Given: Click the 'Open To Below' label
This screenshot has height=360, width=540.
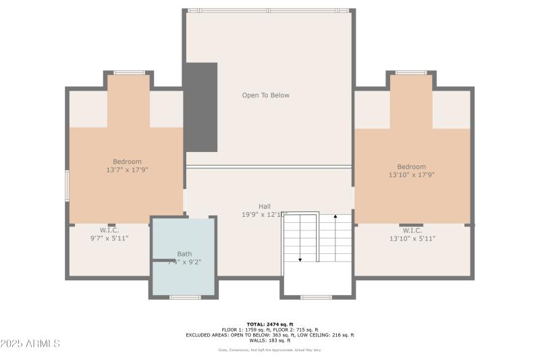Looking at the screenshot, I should pos(265,95).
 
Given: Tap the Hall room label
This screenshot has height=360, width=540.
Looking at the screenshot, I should pos(264,207).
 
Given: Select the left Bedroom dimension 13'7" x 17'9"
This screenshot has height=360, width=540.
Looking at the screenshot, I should pos(127,170).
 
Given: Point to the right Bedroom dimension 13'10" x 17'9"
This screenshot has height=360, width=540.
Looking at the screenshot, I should pos(411,176).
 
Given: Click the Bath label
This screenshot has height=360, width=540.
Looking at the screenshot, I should pos(184,254).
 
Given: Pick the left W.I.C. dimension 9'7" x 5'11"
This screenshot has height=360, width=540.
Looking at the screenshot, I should pos(109,238).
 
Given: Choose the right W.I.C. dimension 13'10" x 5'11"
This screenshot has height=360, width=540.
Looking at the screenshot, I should pos(412,238).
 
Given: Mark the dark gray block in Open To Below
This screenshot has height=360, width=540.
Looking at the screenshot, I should pos(201,107).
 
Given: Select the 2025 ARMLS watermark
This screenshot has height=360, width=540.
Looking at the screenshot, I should pos(30,344).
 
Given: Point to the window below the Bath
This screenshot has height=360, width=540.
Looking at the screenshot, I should pos(184,297).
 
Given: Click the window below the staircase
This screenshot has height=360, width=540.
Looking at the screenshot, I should pos(316,297).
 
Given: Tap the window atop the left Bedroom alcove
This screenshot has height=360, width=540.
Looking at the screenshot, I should pos(128,72).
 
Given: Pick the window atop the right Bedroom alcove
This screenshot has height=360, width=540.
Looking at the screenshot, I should pos(410,72).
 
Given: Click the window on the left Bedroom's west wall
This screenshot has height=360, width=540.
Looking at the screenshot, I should pos(67,186).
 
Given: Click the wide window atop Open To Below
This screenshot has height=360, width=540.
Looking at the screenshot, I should pos(268,11).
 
